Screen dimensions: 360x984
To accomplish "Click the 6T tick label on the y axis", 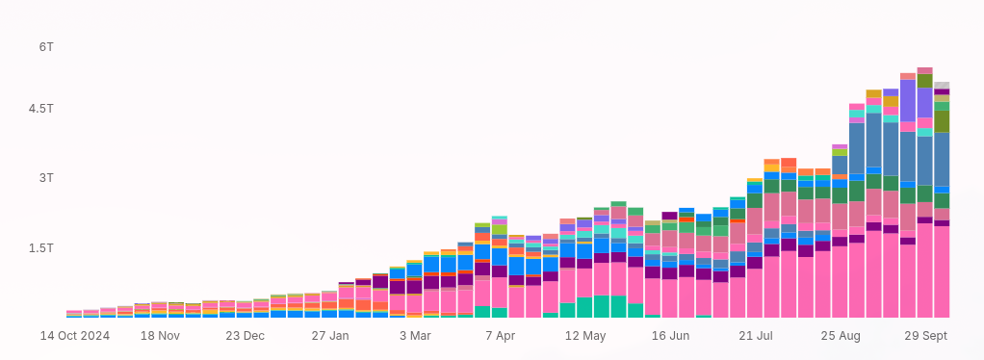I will [45, 46].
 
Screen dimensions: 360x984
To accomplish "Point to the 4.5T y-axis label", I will [41, 109].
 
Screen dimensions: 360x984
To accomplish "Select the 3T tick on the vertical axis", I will [45, 178].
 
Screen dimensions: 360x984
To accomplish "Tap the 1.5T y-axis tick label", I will [41, 247].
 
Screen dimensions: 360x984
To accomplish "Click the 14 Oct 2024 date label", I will [74, 336].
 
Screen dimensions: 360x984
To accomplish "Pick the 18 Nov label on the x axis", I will [160, 336].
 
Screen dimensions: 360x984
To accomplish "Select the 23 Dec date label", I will [245, 336].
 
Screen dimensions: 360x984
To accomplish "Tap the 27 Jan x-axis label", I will [330, 336].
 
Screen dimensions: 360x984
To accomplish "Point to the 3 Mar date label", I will [415, 336].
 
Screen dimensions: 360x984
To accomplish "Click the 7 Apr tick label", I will [500, 336].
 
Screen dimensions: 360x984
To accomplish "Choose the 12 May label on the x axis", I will [585, 336].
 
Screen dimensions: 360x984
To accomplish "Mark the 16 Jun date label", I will [670, 336].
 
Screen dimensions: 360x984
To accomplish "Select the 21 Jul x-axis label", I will [756, 336].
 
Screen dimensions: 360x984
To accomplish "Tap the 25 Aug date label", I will [841, 336].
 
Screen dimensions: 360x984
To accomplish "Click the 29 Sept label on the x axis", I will [925, 336].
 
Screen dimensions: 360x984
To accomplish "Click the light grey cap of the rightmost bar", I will [942, 86].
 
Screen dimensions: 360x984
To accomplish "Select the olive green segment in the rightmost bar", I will [942, 121].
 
